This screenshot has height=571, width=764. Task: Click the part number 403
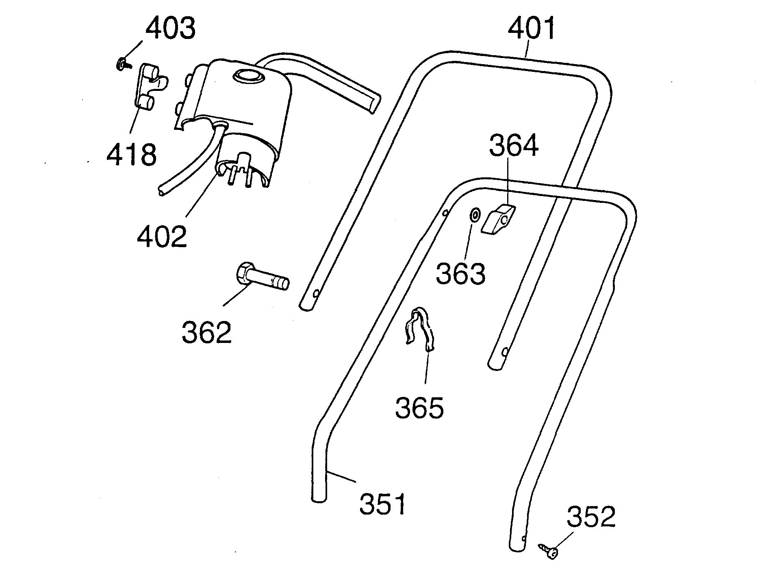171,28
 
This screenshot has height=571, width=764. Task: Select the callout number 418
131,154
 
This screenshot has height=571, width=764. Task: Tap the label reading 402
162,236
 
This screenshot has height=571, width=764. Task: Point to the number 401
532,28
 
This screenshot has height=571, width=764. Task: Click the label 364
514,146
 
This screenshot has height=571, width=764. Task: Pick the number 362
206,332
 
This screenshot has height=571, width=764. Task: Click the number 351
382,504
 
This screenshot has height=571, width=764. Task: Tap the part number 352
591,517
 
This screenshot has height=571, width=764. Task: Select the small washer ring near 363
474,215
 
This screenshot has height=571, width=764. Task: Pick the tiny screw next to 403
122,64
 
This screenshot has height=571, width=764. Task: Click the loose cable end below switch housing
162,192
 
